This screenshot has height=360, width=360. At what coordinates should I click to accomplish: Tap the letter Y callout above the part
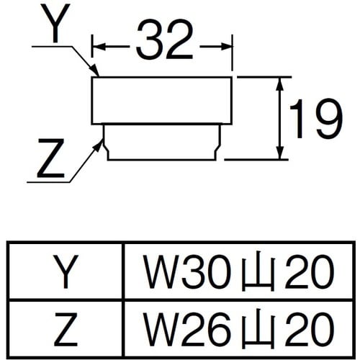coord(57,26)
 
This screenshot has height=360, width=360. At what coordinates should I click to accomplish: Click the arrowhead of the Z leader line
coord(100,143)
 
